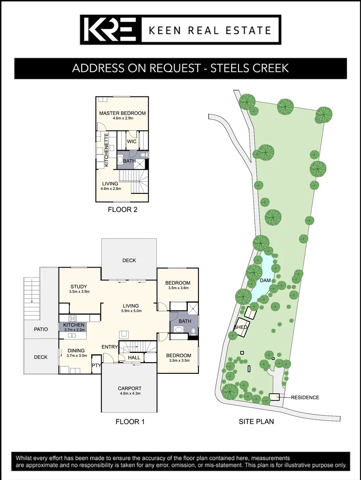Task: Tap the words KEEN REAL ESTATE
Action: coord(210,30)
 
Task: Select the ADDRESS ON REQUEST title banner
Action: coord(180,68)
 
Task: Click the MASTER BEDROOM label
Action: coord(123,113)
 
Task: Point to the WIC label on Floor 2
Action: coord(132,141)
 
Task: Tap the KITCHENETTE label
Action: coord(107,151)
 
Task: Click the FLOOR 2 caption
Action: coord(123,210)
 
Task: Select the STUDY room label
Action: coord(79,287)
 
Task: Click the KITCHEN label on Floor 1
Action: coord(74,325)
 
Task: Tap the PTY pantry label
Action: coord(96,365)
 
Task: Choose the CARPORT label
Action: coord(130,388)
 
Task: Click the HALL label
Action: coord(134,357)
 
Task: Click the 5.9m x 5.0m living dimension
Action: coord(131,311)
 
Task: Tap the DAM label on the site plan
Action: coord(266,280)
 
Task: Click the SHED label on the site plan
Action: coord(240,328)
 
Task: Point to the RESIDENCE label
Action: coord(305,397)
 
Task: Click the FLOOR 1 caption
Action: coord(130,421)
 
